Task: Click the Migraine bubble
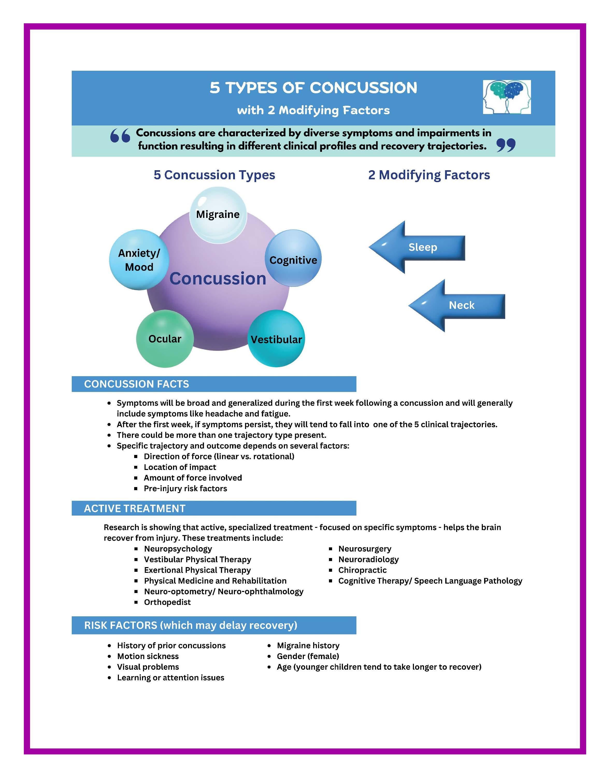click(218, 215)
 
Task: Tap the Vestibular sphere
click(276, 339)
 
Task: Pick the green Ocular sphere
click(165, 339)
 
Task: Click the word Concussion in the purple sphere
click(218, 279)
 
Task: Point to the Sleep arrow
click(418, 247)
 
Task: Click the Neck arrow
click(457, 305)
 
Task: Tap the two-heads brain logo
click(507, 97)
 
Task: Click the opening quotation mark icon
click(120, 136)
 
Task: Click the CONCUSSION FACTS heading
click(137, 384)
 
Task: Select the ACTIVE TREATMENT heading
click(135, 508)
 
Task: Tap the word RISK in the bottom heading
click(96, 625)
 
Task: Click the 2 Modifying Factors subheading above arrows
click(429, 175)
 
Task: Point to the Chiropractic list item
click(362, 570)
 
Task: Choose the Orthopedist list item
click(167, 602)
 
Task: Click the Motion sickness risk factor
click(148, 656)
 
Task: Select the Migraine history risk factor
click(308, 645)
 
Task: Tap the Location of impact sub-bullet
click(180, 467)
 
